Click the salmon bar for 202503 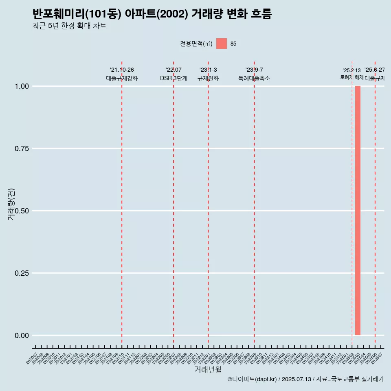point(358,211)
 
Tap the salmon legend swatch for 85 point(221,44)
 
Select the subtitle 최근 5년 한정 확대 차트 point(69,26)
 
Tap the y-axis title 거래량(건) point(11,204)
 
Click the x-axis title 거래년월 point(208,370)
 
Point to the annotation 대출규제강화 point(122,78)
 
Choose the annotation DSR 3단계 point(174,78)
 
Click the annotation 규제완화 point(208,78)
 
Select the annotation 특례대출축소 point(254,78)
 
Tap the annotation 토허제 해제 point(352,77)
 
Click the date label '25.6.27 point(374,70)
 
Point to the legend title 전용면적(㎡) point(196,44)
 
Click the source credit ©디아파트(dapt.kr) point(252,379)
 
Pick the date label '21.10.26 point(122,70)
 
